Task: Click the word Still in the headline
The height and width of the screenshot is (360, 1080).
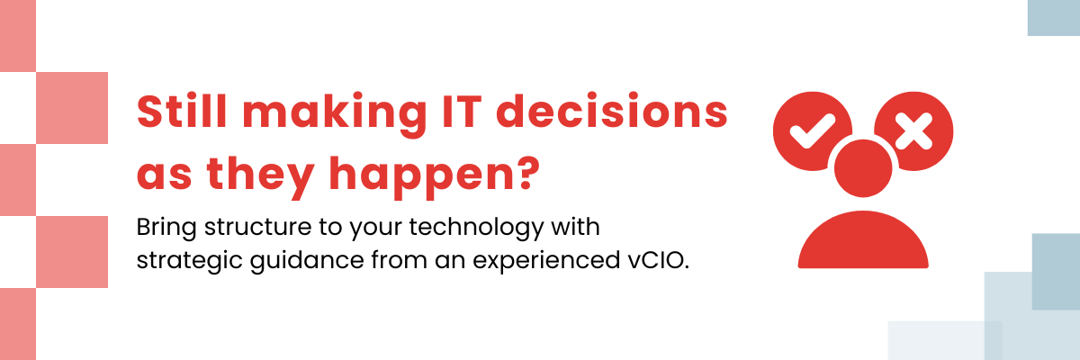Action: [182, 111]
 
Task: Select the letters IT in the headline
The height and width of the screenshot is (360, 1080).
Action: [462, 112]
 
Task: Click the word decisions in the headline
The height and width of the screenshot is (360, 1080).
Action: [612, 111]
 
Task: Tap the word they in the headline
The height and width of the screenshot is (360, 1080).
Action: [260, 177]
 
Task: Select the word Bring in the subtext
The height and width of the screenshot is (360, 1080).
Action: [166, 228]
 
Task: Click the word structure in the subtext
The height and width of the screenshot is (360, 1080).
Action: [258, 227]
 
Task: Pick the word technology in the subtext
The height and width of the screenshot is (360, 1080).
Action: [476, 228]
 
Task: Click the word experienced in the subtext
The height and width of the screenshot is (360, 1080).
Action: [546, 261]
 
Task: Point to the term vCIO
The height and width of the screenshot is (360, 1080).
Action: [659, 260]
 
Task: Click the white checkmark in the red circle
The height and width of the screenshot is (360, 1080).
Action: [813, 130]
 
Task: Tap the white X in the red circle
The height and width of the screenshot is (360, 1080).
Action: [913, 131]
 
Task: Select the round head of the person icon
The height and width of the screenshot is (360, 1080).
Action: [863, 168]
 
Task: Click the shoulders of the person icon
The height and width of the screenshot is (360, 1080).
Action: [863, 240]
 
